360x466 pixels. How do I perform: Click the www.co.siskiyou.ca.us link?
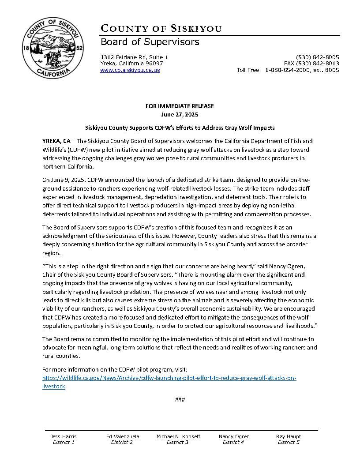130,70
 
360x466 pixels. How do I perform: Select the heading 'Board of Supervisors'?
150,42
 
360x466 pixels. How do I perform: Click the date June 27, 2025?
180,114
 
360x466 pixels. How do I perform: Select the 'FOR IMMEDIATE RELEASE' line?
180,106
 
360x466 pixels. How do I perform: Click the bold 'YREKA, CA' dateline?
56,141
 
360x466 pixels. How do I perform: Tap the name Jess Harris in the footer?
64,436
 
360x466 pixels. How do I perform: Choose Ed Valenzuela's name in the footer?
123,436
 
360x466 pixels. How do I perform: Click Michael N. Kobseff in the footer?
178,436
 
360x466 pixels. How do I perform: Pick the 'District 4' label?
233,442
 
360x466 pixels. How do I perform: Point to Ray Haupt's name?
289,436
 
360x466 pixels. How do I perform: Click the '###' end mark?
180,400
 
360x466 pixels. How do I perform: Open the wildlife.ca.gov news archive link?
169,379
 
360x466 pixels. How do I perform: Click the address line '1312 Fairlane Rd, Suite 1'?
135,57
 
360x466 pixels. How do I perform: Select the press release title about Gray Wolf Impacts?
180,128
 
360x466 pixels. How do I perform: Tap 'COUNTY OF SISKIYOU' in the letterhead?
161,29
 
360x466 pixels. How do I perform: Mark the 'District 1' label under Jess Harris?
64,442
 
